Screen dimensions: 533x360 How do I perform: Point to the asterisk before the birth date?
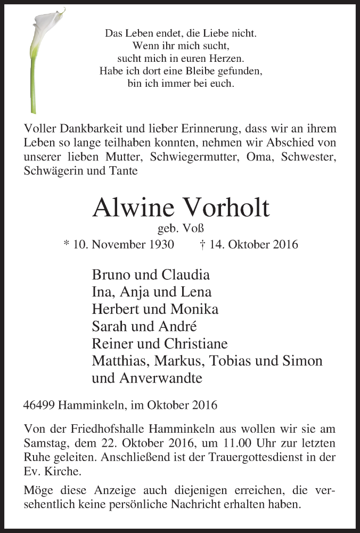click(x=66, y=244)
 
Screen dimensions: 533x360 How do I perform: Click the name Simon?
click(x=302, y=360)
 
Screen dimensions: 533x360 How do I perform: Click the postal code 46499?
click(x=40, y=405)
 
